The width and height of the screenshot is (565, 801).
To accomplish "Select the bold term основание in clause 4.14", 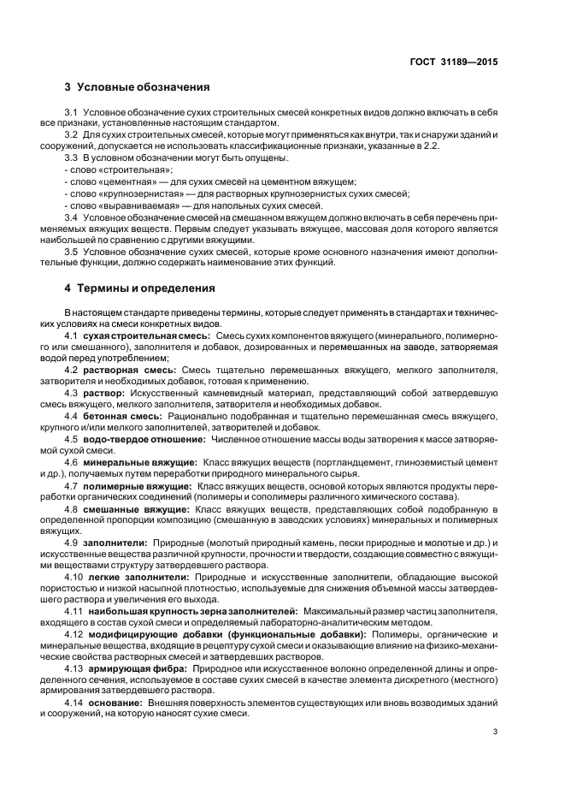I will [x=112, y=703].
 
